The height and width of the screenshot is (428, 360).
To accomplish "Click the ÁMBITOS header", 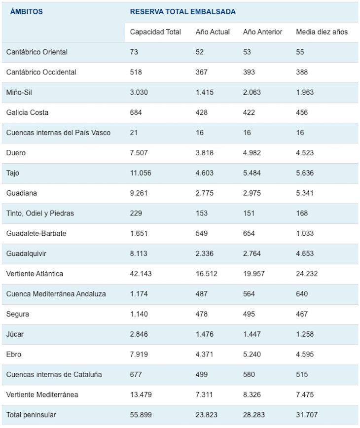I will tap(26, 12).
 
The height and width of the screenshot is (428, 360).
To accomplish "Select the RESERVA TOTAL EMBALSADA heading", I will tap(182, 12).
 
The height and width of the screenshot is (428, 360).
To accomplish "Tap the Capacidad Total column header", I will tap(155, 32).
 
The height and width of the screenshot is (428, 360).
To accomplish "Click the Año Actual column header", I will tap(213, 32).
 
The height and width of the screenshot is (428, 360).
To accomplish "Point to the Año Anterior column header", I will tap(262, 32).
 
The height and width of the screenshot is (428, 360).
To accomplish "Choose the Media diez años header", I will tap(322, 32).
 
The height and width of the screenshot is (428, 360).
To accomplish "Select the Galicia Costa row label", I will tap(28, 112).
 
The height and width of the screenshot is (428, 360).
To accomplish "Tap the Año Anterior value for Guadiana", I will tap(252, 193).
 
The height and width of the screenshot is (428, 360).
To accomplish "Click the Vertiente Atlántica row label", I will tap(35, 274).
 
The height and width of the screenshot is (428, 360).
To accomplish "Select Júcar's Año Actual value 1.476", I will tap(204, 334).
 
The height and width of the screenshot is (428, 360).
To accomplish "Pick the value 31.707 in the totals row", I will tap(307, 415).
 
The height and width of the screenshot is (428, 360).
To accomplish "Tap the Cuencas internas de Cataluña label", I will tap(54, 374).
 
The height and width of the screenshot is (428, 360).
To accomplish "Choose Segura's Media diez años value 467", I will tap(302, 314).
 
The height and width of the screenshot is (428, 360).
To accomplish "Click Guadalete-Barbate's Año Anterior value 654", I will tap(249, 233).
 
